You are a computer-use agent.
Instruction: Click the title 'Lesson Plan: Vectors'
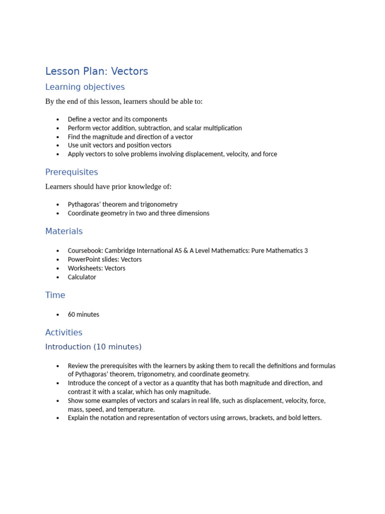(x=97, y=71)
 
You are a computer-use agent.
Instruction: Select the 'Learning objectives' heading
(x=85, y=87)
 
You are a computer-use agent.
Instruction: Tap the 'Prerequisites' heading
(x=72, y=172)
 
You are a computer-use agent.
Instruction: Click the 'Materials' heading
(x=64, y=231)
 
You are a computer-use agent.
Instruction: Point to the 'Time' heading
(x=55, y=295)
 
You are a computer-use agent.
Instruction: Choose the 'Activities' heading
(x=64, y=332)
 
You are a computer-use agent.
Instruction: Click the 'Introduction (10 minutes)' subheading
(x=93, y=347)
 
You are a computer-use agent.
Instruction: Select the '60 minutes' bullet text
(x=83, y=315)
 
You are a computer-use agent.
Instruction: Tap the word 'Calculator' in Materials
(x=82, y=277)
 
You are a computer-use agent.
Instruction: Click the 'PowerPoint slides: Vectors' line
(x=105, y=260)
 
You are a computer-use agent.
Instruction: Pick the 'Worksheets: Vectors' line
(x=97, y=269)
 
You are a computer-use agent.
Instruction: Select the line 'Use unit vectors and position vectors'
(x=119, y=146)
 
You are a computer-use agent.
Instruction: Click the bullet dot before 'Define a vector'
(x=58, y=119)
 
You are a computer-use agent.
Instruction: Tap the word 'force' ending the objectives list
(x=270, y=154)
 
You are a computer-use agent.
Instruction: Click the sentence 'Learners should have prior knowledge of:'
(x=108, y=187)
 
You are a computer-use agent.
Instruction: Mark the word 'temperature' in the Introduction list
(x=136, y=410)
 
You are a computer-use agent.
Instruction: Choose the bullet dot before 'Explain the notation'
(x=58, y=418)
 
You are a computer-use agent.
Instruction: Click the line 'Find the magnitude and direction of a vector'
(x=130, y=137)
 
